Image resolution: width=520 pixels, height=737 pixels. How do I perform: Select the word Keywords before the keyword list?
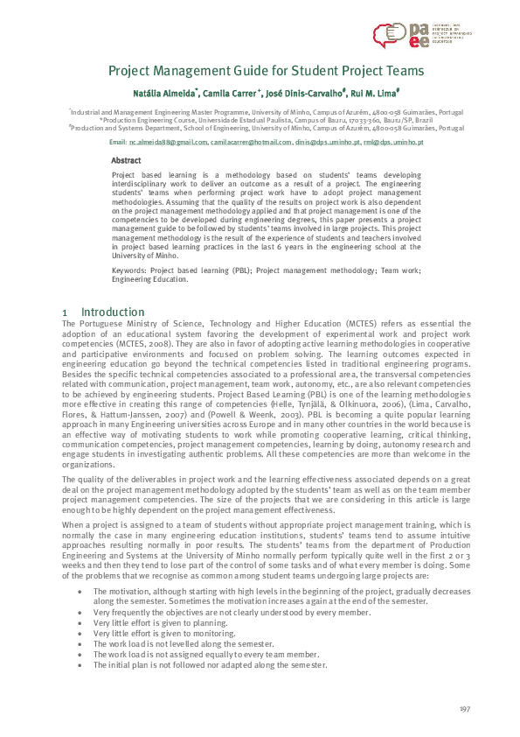click(128, 271)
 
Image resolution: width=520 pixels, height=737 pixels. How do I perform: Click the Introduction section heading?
click(113, 312)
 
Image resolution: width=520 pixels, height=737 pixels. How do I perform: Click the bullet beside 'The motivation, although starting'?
click(80, 592)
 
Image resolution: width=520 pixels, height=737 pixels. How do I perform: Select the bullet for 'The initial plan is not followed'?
click(80, 665)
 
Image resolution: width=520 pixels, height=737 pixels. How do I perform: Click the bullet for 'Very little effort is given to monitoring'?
click(80, 632)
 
